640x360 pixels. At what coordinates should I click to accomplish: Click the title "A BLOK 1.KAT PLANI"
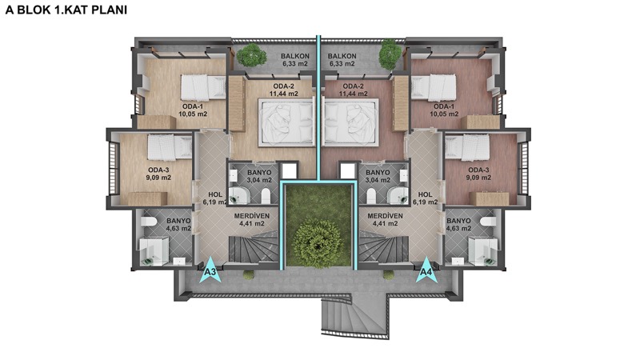(x=66, y=10)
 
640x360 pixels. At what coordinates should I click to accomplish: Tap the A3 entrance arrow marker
(x=210, y=270)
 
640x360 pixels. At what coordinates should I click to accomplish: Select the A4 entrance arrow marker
(x=426, y=270)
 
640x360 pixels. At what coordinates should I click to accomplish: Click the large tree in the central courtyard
(x=318, y=244)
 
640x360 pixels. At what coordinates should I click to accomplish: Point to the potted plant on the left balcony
(x=249, y=55)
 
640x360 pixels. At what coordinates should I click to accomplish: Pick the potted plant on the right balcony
(x=390, y=54)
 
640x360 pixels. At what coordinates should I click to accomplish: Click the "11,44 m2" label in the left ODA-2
(x=284, y=94)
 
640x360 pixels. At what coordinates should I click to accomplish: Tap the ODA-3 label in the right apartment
(x=478, y=170)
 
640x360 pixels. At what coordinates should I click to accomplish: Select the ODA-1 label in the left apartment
(x=193, y=106)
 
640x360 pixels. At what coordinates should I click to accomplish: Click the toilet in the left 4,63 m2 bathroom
(x=149, y=222)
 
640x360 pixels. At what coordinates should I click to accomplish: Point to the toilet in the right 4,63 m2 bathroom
(x=488, y=222)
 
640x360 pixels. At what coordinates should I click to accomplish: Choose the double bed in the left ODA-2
(x=286, y=122)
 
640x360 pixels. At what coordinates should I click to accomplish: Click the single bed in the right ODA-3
(x=468, y=147)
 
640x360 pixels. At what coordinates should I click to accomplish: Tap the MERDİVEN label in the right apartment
(x=385, y=216)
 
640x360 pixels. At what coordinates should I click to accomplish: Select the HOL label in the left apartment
(x=215, y=194)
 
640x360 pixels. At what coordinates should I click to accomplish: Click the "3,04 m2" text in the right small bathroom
(x=378, y=180)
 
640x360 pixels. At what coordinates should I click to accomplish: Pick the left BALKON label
(x=295, y=56)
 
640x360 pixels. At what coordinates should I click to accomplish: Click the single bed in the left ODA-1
(x=203, y=87)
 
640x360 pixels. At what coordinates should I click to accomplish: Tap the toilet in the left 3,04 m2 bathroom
(x=266, y=196)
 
